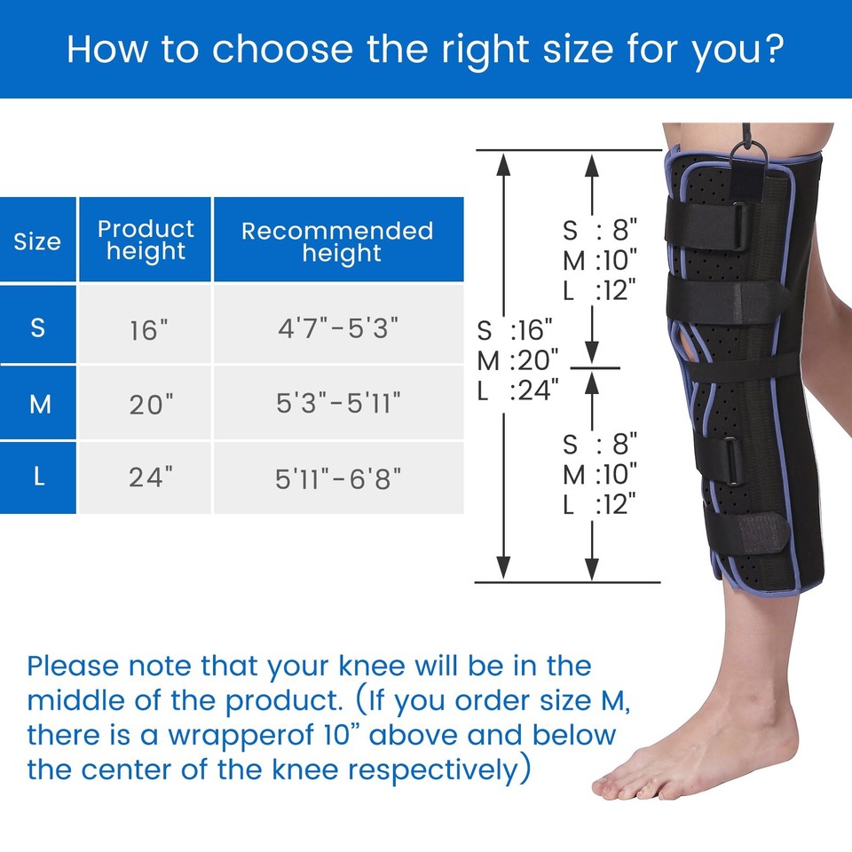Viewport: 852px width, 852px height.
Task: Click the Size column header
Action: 37,241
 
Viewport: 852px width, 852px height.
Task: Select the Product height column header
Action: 146,241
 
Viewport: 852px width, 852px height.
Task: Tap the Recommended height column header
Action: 338,241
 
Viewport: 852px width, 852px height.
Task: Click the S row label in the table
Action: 37,327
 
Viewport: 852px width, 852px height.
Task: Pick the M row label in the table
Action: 37,404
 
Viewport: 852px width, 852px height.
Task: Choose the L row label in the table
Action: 37,477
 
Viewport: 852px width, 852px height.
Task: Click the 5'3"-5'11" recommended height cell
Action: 338,405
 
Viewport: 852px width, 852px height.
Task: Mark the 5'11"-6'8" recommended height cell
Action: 338,478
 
